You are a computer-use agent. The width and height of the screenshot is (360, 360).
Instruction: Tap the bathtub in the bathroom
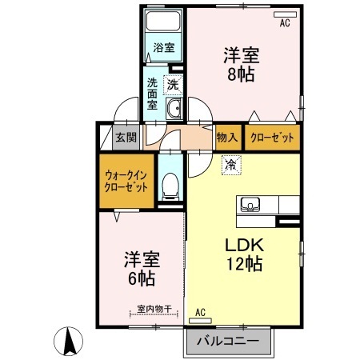[163, 22]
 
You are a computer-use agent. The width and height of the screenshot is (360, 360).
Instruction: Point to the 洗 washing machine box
[174, 83]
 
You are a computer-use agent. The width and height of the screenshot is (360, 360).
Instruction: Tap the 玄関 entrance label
[126, 138]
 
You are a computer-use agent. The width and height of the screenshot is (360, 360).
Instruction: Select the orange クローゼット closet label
[272, 138]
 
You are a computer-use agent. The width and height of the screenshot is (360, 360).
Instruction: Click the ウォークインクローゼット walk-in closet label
[126, 180]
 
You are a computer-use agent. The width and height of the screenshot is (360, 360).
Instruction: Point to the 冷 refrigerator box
[230, 165]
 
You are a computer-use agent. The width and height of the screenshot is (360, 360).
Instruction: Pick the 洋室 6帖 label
[141, 270]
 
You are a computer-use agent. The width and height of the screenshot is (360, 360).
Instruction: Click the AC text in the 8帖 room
[283, 25]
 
